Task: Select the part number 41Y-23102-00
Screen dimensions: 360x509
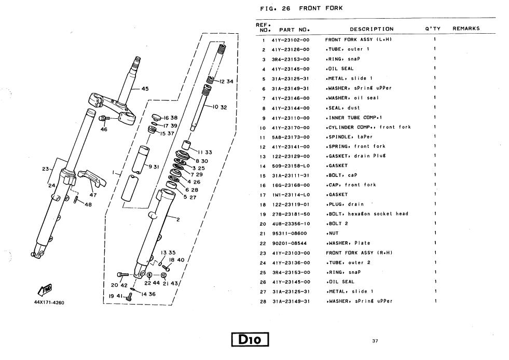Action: click(x=291, y=39)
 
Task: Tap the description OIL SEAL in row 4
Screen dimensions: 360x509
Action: click(x=339, y=68)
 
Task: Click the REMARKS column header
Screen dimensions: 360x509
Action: click(x=465, y=29)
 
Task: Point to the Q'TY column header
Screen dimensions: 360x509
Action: click(x=433, y=29)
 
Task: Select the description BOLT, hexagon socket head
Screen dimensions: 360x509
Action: click(x=366, y=214)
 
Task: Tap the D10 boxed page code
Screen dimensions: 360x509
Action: click(x=252, y=340)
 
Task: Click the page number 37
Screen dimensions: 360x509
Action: click(x=375, y=341)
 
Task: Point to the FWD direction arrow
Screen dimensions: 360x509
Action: click(x=45, y=289)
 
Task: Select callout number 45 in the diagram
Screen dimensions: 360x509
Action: click(x=145, y=89)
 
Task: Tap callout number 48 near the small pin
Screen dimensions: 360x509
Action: click(x=88, y=204)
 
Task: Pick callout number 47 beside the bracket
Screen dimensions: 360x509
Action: click(x=93, y=195)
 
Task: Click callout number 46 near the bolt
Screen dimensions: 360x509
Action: click(x=104, y=129)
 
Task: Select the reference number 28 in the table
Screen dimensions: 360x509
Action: click(x=263, y=301)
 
